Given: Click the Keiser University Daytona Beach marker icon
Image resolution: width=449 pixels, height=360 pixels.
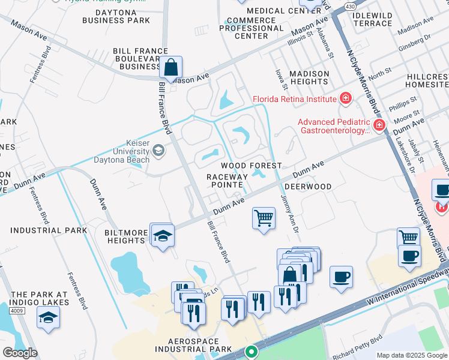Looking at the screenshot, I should click(x=158, y=150).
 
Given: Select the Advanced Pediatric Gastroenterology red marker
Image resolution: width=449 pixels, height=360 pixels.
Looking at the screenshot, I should click(x=379, y=125).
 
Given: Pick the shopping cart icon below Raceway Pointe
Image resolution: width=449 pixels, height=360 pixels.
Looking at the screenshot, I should click(x=264, y=218).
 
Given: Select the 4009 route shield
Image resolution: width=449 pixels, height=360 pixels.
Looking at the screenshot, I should click(x=17, y=310).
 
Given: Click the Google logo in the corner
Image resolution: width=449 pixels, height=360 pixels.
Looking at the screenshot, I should click(x=20, y=352).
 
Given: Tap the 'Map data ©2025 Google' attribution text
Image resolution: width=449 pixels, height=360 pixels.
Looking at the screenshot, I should click(x=412, y=355).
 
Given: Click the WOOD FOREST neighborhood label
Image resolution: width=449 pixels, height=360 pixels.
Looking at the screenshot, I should click(x=251, y=166).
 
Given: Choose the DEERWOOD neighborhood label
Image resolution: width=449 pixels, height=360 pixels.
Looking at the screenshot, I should click(x=308, y=187).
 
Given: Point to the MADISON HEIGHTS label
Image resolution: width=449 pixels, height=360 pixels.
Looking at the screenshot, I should click(x=309, y=78).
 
